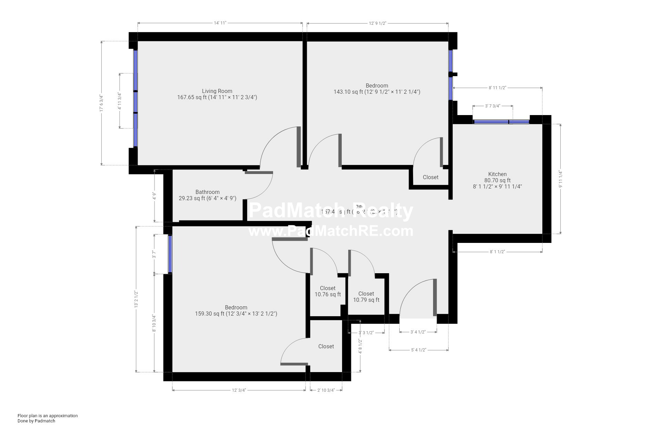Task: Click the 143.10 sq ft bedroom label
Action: (377, 89)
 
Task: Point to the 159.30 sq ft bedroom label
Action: (236, 311)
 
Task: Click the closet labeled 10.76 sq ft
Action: (327, 291)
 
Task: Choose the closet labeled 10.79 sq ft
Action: (366, 297)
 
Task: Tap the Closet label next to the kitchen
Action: (430, 177)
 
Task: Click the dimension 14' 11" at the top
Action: (220, 23)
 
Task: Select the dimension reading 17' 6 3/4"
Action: (101, 103)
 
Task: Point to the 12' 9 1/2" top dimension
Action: (377, 23)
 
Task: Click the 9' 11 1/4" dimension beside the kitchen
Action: (560, 179)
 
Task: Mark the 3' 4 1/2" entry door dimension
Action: (418, 332)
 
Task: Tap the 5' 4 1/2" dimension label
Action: (418, 350)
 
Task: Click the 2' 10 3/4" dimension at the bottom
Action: (326, 390)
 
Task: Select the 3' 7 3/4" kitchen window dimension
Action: (492, 106)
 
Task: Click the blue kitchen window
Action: (501, 122)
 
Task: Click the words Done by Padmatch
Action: (36, 421)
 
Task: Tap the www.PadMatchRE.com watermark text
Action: (330, 231)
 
